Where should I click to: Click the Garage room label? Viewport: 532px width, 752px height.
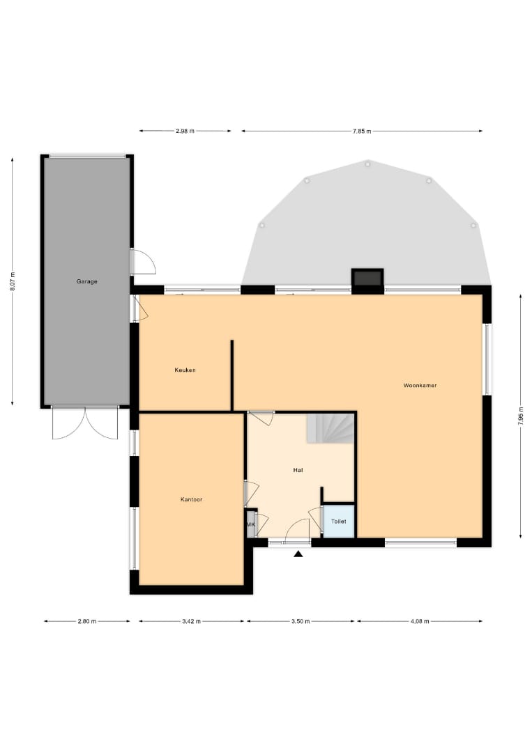pyautogui.click(x=87, y=281)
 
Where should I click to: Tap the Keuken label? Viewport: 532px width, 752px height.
pyautogui.click(x=185, y=370)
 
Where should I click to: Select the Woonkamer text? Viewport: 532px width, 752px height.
pyautogui.click(x=420, y=385)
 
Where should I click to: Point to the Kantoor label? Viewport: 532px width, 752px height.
pyautogui.click(x=191, y=499)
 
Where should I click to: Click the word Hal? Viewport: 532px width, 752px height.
pyautogui.click(x=298, y=470)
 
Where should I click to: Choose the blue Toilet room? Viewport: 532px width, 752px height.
pyautogui.click(x=338, y=522)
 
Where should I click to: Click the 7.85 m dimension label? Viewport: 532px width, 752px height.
pyautogui.click(x=362, y=131)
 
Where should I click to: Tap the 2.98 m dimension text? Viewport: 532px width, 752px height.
pyautogui.click(x=185, y=130)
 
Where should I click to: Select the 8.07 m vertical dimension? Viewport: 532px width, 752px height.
pyautogui.click(x=13, y=281)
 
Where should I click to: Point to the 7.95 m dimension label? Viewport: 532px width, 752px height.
pyautogui.click(x=520, y=416)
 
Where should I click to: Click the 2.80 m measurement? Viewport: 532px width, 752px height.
pyautogui.click(x=87, y=621)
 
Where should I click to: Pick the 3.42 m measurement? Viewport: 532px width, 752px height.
pyautogui.click(x=191, y=621)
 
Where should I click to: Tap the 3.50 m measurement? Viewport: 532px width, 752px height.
pyautogui.click(x=301, y=621)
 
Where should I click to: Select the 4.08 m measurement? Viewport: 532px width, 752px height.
pyautogui.click(x=420, y=621)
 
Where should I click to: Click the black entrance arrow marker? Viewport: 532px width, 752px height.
pyautogui.click(x=298, y=554)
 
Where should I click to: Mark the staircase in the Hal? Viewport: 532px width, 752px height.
pyautogui.click(x=330, y=428)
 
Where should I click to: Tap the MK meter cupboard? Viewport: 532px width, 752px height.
pyautogui.click(x=250, y=524)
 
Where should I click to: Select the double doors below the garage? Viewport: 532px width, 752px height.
pyautogui.click(x=85, y=423)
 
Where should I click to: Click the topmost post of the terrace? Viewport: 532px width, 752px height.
pyautogui.click(x=367, y=164)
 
